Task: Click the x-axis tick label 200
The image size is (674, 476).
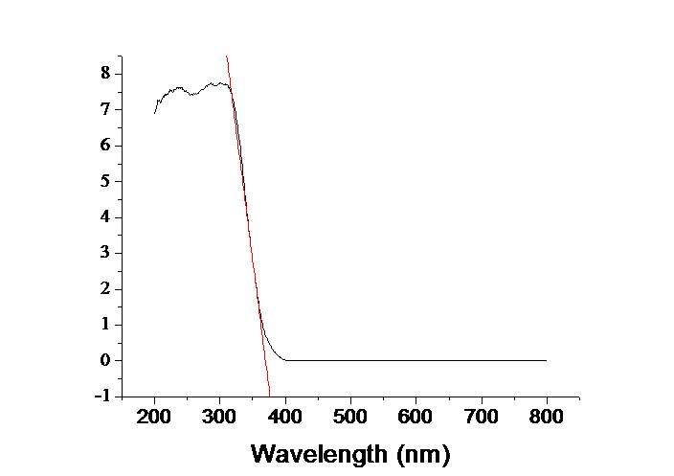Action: point(155,418)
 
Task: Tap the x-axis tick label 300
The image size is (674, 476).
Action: point(220,418)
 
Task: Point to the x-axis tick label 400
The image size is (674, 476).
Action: point(285,418)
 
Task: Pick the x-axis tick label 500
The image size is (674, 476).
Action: point(350,418)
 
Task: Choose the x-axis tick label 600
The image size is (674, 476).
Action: point(416,418)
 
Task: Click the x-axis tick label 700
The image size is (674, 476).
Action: point(481,418)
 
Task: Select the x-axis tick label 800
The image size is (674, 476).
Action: point(546,418)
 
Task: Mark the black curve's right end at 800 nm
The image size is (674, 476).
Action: point(546,360)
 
